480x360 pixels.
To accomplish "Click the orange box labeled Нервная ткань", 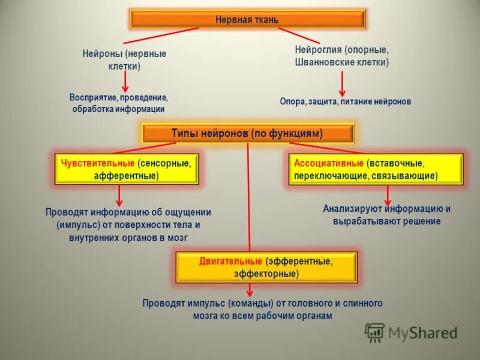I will pyautogui.click(x=247, y=19).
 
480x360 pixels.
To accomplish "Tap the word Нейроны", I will pyautogui.click(x=101, y=54).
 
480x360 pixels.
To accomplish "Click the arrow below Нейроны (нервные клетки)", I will pyautogui.click(x=125, y=81).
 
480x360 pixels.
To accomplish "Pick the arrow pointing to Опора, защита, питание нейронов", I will pyautogui.click(x=342, y=83).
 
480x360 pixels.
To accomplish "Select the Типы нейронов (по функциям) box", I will pyautogui.click(x=247, y=133).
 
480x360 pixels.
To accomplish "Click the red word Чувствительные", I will pyautogui.click(x=96, y=163).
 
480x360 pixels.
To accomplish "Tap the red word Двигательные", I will pyautogui.click(x=230, y=262).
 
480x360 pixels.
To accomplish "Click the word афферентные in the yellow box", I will pyautogui.click(x=125, y=176).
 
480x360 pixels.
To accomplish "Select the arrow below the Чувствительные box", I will pyautogui.click(x=119, y=194).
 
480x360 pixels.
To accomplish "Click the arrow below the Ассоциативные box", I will pyautogui.click(x=388, y=194).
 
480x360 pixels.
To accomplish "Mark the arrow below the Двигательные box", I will pyautogui.click(x=250, y=290).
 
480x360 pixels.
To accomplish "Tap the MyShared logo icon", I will pyautogui.click(x=374, y=331).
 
